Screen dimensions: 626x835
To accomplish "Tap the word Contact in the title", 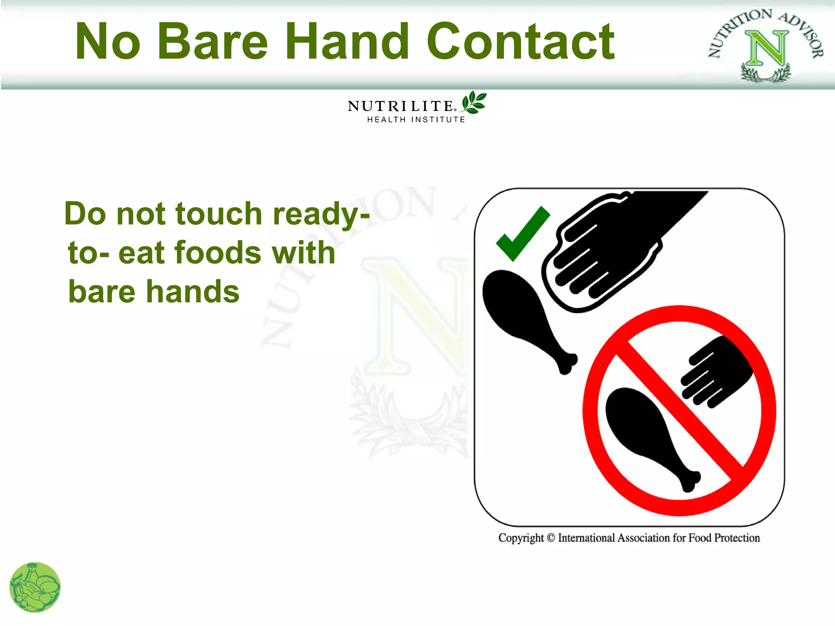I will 520,42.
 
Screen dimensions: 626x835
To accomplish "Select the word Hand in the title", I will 347,42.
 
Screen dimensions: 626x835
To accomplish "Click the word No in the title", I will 108,42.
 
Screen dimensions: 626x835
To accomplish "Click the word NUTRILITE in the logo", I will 400,106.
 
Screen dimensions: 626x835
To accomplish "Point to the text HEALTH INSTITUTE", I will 416,120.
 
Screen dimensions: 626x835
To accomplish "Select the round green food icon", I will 35,587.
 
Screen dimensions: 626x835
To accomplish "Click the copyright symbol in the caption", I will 551,538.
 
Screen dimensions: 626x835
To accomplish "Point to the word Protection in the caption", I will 737,538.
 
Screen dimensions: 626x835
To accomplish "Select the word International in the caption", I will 586,538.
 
